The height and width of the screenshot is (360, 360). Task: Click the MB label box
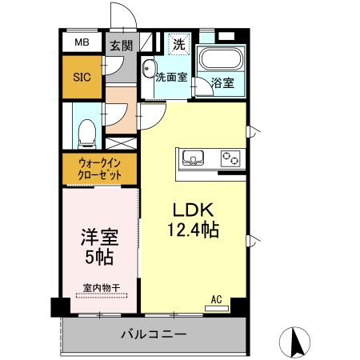click(x=82, y=43)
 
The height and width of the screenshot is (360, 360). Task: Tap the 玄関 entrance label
click(x=121, y=46)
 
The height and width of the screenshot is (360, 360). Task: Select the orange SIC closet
click(x=82, y=77)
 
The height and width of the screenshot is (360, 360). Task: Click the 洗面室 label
click(x=171, y=78)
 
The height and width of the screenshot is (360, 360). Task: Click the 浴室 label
click(x=222, y=83)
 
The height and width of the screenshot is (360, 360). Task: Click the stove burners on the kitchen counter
click(x=231, y=156)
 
